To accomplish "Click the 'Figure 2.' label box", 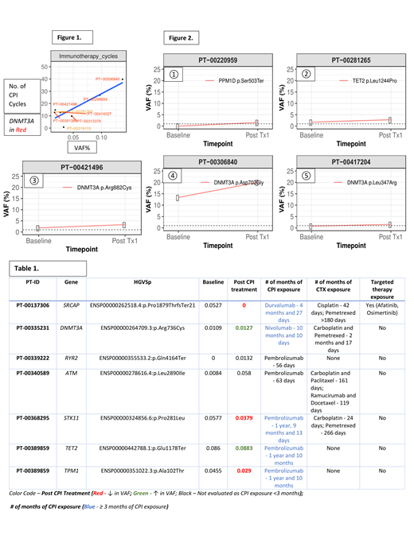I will pyautogui.click(x=180, y=37).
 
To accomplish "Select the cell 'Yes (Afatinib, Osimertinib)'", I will pyautogui.click(x=384, y=308).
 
